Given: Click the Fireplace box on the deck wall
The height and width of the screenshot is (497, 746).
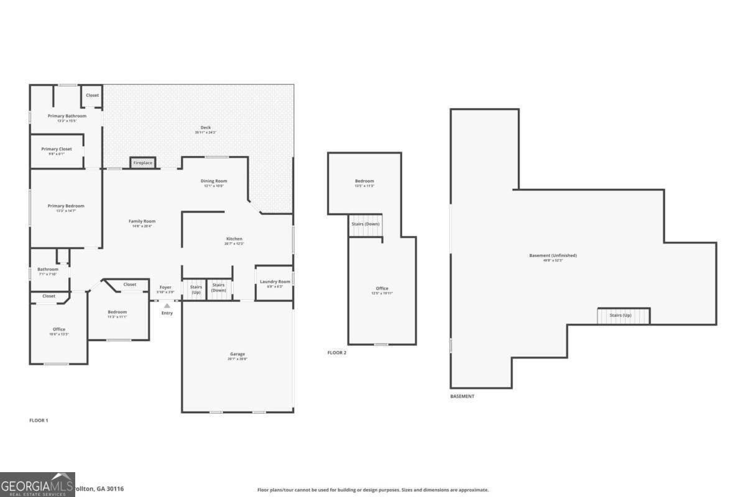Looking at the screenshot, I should (142, 163).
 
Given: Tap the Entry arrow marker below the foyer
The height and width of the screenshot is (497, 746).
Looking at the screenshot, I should (167, 306).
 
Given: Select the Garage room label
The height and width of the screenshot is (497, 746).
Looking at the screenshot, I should (237, 354).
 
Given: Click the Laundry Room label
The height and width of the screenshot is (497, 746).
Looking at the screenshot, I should (275, 281).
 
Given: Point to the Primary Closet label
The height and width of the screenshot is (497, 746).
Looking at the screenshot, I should (57, 149).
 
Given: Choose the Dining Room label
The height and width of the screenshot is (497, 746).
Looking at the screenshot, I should (213, 181).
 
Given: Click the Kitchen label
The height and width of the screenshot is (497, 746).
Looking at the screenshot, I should (234, 239).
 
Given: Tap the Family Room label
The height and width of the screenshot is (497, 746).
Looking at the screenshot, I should (142, 221).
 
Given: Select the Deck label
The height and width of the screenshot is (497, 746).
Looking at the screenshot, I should (205, 127).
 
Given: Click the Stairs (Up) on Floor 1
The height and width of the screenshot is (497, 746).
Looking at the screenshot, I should (196, 289).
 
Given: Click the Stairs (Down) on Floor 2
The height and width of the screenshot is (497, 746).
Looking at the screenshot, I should (365, 224).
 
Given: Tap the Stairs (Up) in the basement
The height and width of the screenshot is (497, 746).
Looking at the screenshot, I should (624, 316).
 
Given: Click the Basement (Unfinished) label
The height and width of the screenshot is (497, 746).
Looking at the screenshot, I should (553, 255).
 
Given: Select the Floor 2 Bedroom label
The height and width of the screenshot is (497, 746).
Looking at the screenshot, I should (364, 181).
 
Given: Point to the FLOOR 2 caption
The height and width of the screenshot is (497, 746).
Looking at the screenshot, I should (336, 353).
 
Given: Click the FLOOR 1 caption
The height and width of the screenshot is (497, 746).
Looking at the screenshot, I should (39, 421).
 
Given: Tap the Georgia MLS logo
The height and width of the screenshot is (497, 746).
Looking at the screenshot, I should (37, 485).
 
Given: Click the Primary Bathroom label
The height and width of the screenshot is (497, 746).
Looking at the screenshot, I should (67, 116).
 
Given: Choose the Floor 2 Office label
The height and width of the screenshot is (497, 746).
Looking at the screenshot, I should (382, 288).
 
